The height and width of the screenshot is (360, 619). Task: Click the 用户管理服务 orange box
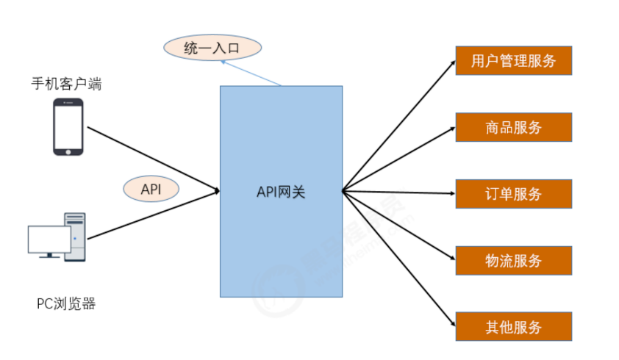coord(513,60)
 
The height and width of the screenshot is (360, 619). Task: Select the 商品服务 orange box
coord(513,127)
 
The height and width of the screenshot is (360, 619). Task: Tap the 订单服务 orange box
coord(513,194)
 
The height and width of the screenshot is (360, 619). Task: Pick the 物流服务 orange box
coord(513,260)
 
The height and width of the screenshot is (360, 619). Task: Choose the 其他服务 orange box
coord(513,327)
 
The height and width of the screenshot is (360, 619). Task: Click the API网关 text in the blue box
coord(280,192)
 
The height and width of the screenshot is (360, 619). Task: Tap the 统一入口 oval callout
coord(212,49)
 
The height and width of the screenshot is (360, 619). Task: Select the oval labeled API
coord(150,189)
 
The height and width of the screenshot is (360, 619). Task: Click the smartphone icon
coord(68,127)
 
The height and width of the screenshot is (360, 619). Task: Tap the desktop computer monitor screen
coord(49,239)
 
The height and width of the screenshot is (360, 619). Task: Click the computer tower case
coord(75,237)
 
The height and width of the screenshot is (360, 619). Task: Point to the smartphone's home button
coord(68,151)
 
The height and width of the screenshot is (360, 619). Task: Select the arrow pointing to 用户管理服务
coord(401,125)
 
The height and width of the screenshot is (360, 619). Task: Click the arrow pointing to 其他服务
coord(401,260)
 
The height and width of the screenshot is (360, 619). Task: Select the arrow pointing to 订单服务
coord(401,192)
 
